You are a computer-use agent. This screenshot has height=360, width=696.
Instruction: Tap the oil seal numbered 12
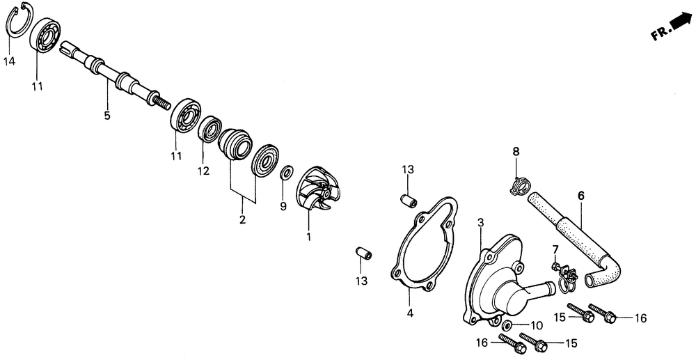pyautogui.click(x=209, y=130)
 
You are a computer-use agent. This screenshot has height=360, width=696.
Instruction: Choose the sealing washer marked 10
pyautogui.click(x=507, y=327)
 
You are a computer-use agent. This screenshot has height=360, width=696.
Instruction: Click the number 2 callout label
pyautogui.click(x=242, y=221)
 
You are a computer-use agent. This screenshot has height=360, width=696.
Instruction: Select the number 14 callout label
pyautogui.click(x=9, y=61)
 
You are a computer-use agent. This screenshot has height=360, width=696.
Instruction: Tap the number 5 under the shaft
pyautogui.click(x=107, y=116)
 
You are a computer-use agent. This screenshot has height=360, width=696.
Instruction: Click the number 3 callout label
pyautogui.click(x=480, y=222)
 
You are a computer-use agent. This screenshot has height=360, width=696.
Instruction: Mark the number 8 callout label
pyautogui.click(x=516, y=151)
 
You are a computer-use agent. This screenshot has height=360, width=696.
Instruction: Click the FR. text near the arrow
pyautogui.click(x=659, y=33)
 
